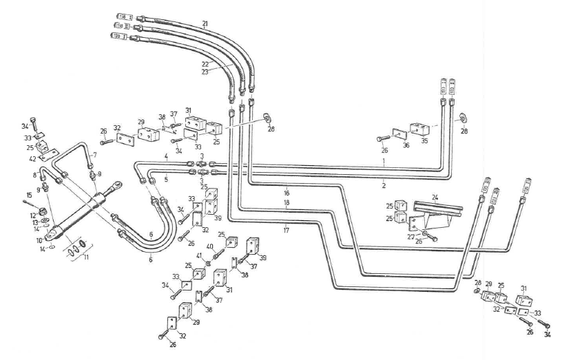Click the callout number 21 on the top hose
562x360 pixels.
tap(205, 23)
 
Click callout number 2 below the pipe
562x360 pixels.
tap(382, 185)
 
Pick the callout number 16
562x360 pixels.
tap(287, 194)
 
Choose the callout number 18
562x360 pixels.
tap(287, 204)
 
